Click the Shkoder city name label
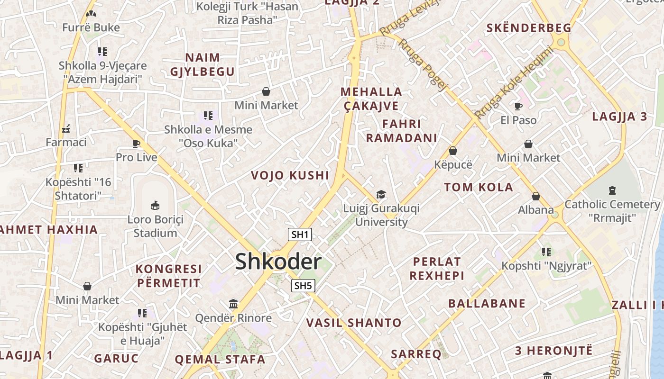pos(278,262)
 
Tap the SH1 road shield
pos(300,234)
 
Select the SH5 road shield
pos(303,285)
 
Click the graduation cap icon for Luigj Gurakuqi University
pos(381,194)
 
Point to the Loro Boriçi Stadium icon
pos(155,205)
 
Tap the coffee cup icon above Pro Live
pos(136,144)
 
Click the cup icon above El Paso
pos(518,106)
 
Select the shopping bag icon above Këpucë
pos(453,151)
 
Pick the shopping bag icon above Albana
pos(536,196)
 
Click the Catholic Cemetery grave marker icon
pos(612,190)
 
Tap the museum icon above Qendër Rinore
pos(233,304)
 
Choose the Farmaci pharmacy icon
pos(66,128)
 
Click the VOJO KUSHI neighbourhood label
pos(290,175)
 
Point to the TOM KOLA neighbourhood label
pos(479,187)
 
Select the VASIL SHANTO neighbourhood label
pos(354,323)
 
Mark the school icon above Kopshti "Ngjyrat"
pos(546,252)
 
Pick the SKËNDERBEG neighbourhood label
pos(529,28)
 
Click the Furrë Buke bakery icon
pos(91,14)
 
